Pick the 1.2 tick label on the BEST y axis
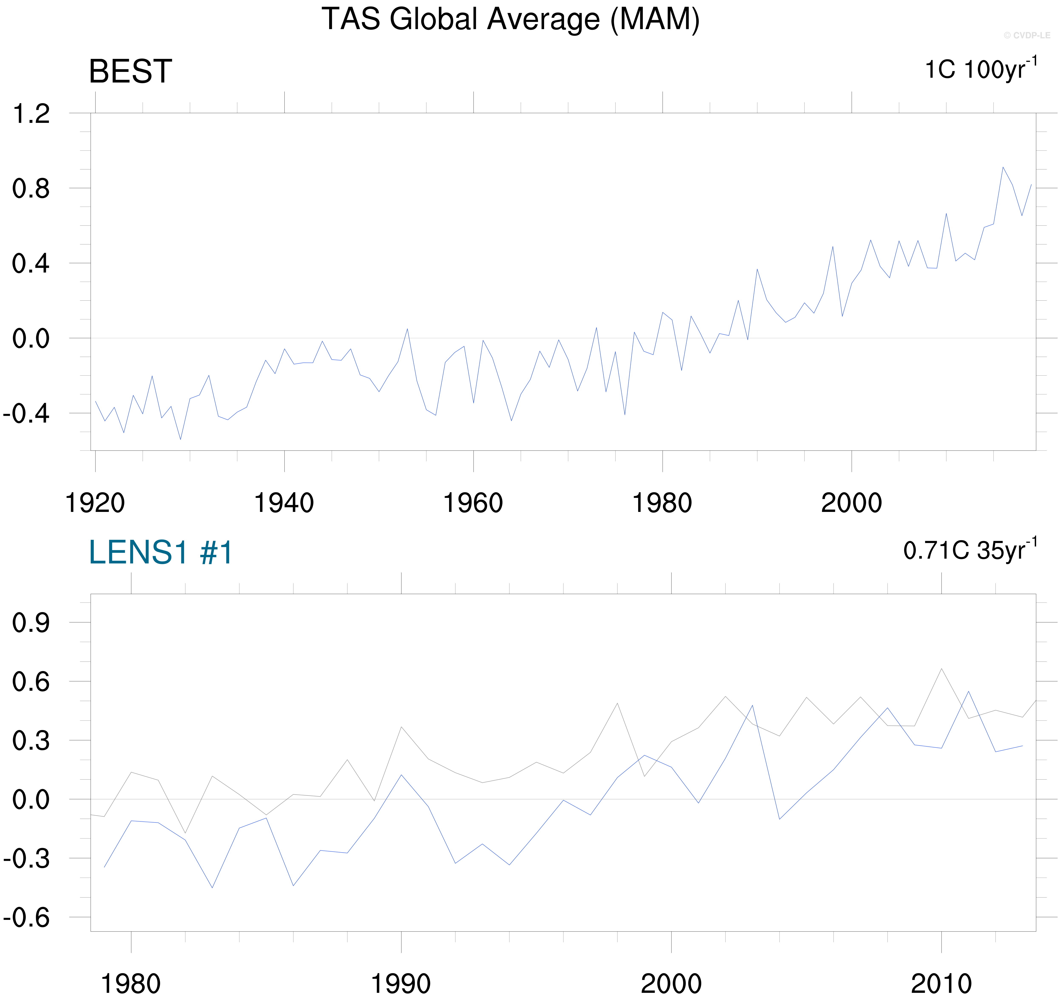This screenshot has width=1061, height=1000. [31, 114]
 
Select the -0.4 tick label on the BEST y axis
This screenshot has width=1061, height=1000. [27, 413]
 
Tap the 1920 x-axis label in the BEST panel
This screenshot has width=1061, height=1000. [95, 503]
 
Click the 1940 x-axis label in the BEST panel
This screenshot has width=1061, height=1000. [284, 503]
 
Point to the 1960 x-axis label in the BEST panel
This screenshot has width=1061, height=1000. [473, 503]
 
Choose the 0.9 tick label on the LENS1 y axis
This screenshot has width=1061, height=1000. [31, 623]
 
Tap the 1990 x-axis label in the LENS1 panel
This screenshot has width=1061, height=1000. [401, 983]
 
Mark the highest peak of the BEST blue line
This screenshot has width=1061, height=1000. [1003, 167]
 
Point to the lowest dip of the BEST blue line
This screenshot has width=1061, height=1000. [180, 439]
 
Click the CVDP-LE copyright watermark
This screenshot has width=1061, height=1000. [1026, 35]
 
